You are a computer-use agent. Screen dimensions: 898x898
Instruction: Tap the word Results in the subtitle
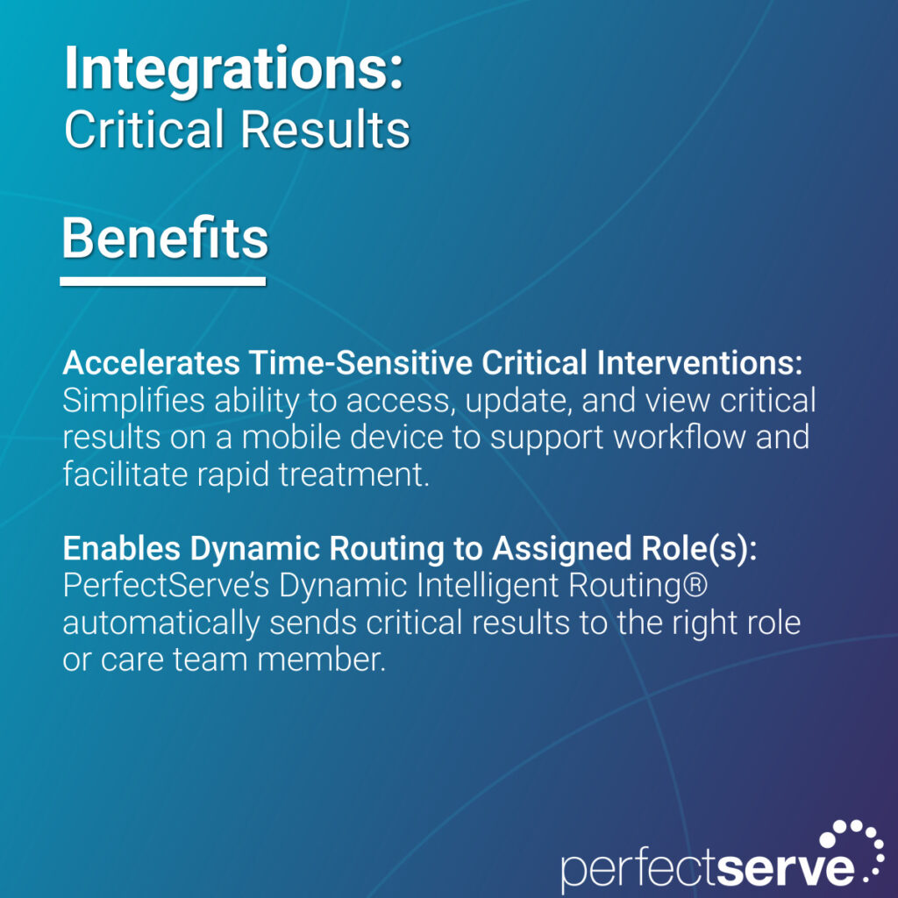(324, 129)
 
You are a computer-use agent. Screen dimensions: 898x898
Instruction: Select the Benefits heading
(165, 238)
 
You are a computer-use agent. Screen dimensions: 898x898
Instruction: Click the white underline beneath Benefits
(162, 282)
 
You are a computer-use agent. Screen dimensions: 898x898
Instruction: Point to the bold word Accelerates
(151, 363)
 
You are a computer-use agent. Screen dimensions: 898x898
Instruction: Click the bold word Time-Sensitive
(360, 363)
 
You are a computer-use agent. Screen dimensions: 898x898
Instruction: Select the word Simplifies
(133, 400)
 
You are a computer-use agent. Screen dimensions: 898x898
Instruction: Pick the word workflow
(679, 437)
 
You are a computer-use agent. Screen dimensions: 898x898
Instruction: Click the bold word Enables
(121, 548)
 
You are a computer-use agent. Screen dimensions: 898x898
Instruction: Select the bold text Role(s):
(699, 549)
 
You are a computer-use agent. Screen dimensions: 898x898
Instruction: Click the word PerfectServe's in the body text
(166, 585)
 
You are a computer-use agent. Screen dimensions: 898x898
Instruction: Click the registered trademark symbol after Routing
(695, 585)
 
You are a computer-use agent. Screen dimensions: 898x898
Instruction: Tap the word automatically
(161, 624)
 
